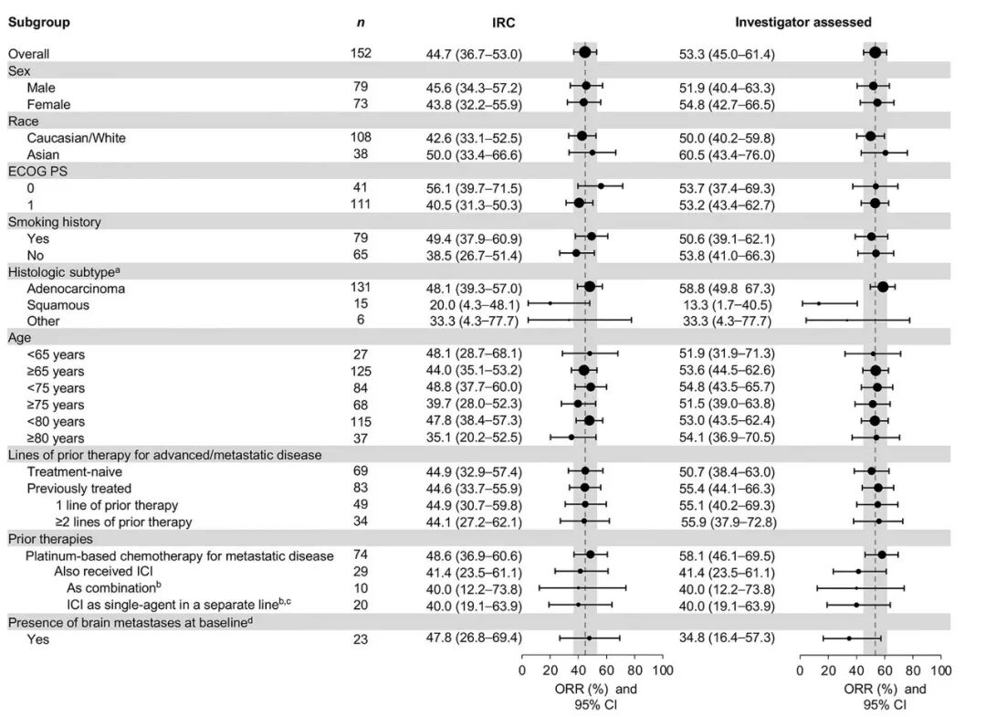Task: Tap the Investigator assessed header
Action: point(802,22)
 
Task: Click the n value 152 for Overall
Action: point(361,54)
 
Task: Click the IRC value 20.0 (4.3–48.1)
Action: point(467,304)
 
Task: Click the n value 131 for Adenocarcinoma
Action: point(361,288)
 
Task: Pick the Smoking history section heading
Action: point(55,221)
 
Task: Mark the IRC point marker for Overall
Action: point(585,53)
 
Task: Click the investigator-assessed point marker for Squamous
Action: point(819,303)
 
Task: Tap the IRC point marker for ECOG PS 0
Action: point(601,186)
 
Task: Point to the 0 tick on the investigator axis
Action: point(801,670)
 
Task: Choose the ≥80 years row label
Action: point(56,438)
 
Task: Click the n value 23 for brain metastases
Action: point(361,639)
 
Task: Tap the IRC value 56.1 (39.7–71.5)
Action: point(467,187)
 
